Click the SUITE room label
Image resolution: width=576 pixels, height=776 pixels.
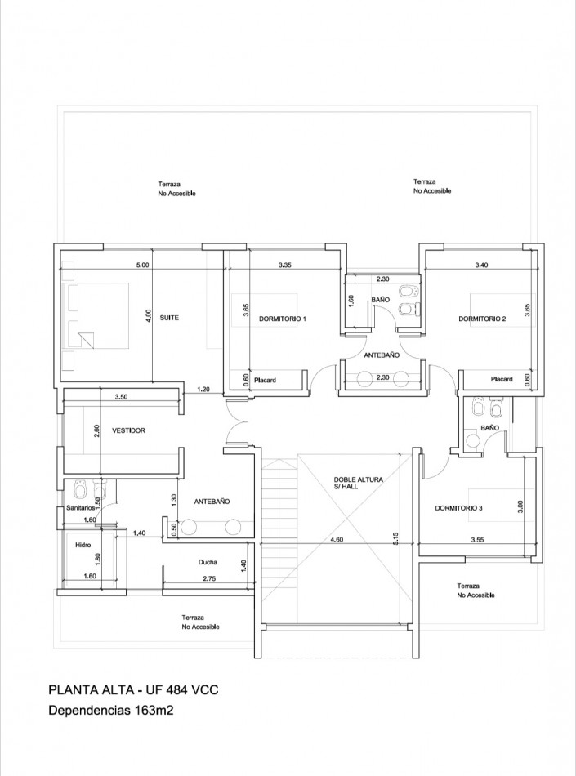point(169,318)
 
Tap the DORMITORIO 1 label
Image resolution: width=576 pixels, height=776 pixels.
point(283,319)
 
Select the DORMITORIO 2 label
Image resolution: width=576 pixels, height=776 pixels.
point(482,319)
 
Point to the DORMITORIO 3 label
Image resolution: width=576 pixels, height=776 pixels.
point(458,508)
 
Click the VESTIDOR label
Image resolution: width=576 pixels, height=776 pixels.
point(128,430)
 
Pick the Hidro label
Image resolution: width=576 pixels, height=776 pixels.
point(83,545)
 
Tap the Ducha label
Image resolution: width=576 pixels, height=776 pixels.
point(208,562)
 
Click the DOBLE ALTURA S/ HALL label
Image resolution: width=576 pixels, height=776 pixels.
point(359,483)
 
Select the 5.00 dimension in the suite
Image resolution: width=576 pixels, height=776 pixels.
point(142,265)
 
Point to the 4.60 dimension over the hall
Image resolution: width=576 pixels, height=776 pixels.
point(337,540)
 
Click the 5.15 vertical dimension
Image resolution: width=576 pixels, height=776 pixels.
point(395,539)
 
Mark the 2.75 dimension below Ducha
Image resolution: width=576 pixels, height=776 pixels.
point(208,578)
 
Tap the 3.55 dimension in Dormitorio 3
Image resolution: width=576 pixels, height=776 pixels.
point(477,540)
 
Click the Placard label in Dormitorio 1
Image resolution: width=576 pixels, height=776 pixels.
point(265,380)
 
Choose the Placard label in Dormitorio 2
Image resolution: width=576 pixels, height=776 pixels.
point(502,379)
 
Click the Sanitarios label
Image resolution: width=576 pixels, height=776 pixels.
point(81,508)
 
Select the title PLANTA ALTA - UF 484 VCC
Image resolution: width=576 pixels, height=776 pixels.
point(134,690)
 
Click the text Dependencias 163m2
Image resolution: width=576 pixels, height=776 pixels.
point(111,711)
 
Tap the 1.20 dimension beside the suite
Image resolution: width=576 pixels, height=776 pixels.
point(203,390)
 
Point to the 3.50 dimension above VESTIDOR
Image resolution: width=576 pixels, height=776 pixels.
point(121,396)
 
